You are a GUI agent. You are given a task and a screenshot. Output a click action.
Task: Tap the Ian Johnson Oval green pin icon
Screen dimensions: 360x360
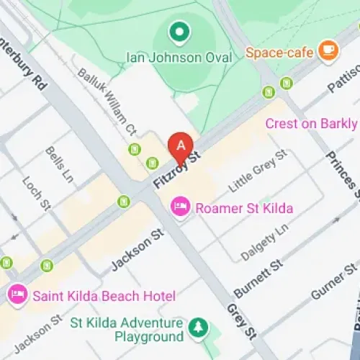point(178,32)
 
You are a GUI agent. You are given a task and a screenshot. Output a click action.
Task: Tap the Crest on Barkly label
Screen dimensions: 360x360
point(311,123)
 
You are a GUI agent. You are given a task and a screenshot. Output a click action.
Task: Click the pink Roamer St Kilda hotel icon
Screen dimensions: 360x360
point(179,207)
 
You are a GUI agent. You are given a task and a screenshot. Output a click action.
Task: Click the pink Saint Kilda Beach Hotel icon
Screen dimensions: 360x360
point(17,294)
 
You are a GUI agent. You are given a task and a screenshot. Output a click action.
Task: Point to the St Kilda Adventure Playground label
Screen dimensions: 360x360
point(127,329)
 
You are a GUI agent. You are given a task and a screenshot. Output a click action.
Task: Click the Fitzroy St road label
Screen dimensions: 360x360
point(176,169)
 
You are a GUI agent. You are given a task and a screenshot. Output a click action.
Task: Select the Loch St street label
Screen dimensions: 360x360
point(34,194)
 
